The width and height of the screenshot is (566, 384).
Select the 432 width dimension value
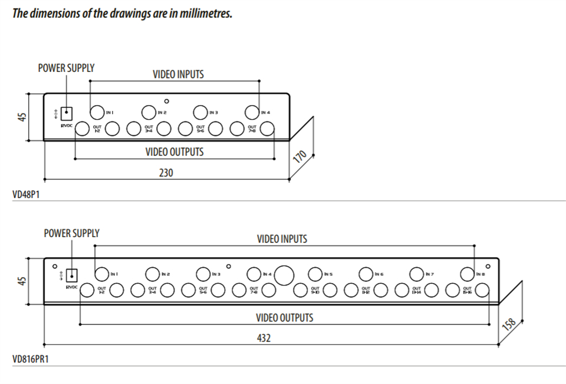[264, 339]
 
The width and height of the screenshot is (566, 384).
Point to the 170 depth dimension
[300, 157]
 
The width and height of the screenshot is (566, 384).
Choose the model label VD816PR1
[30, 359]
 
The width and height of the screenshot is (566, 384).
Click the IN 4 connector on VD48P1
[252, 112]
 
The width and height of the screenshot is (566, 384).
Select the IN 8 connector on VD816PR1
[466, 274]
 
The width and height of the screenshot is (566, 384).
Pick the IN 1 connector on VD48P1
[97, 112]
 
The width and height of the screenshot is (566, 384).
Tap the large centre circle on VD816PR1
[285, 275]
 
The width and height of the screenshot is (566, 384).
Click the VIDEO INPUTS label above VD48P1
[178, 74]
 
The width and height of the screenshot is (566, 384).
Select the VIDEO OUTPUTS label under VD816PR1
[284, 317]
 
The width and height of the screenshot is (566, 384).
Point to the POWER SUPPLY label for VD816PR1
[71, 234]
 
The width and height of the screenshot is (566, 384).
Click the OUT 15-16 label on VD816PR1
[468, 290]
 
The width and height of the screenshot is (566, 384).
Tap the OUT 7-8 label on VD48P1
[252, 128]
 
